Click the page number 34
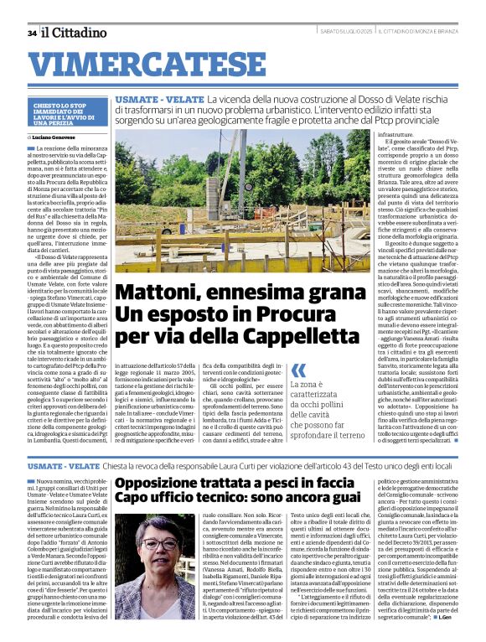tap(32, 33)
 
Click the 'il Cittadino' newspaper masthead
tap(75, 33)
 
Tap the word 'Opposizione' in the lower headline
tap(177, 484)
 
